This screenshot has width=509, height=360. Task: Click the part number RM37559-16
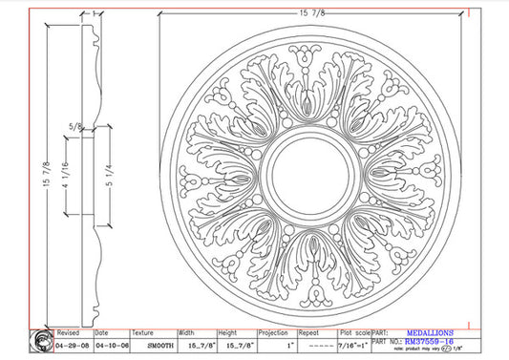(430, 342)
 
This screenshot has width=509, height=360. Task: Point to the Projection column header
(274, 333)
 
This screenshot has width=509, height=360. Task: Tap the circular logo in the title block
(42, 340)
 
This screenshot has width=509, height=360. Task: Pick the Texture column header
(143, 333)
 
